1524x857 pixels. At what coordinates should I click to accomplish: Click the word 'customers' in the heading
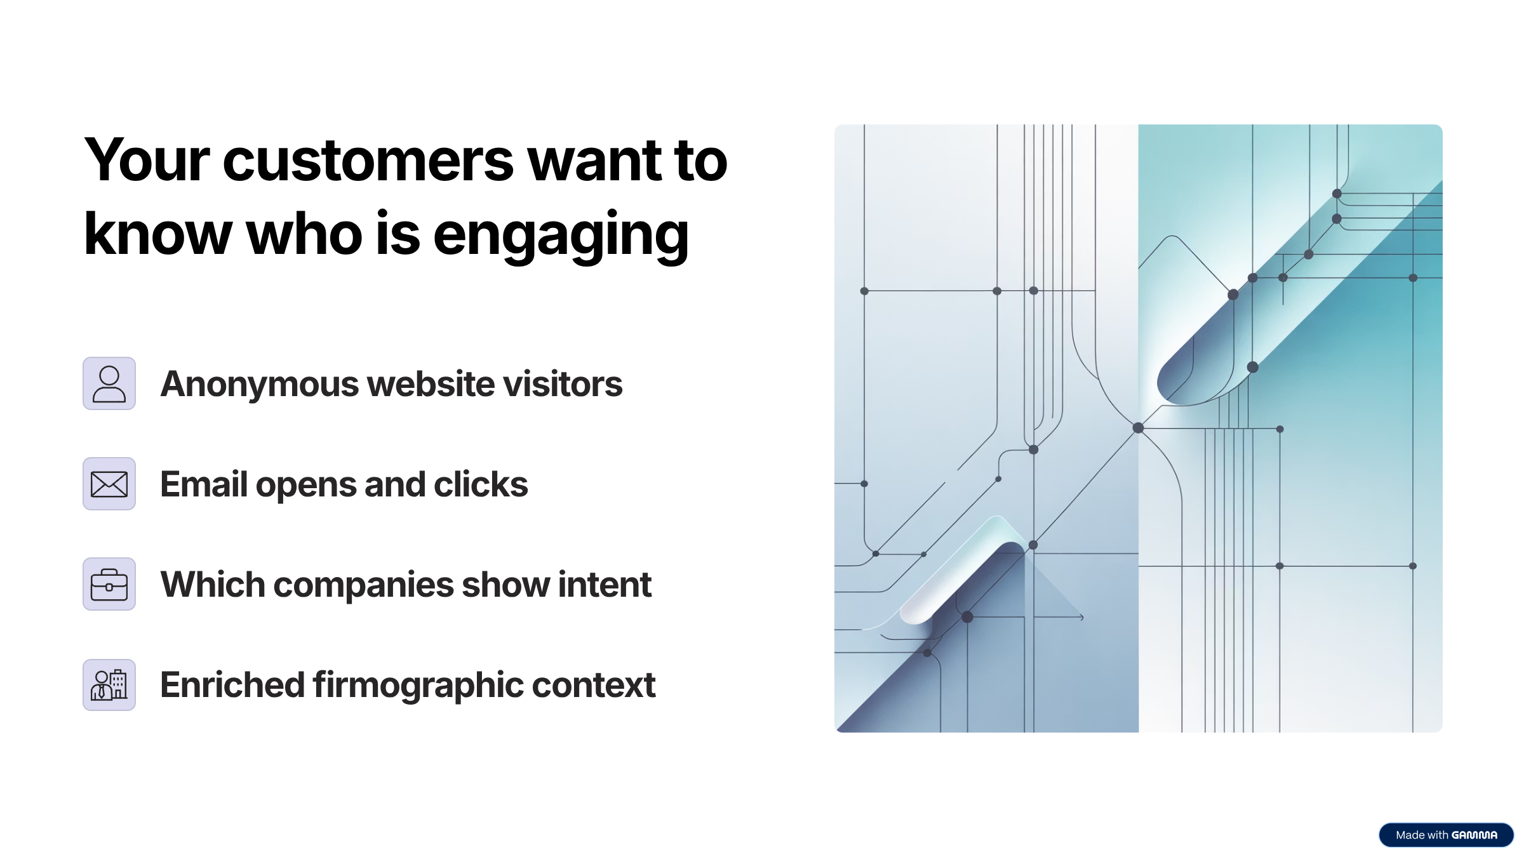coord(368,161)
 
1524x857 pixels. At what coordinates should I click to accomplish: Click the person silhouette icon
coord(109,383)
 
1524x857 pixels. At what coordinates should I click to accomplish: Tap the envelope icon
coord(109,484)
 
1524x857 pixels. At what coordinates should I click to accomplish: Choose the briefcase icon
coord(109,584)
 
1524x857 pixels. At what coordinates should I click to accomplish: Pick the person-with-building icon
coord(109,685)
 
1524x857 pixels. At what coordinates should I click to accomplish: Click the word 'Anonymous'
coord(260,385)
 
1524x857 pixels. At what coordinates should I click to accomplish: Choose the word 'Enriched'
coord(232,686)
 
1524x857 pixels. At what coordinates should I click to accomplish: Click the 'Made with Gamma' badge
coord(1446,835)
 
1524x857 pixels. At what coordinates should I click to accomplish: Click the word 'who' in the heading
coord(304,234)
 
